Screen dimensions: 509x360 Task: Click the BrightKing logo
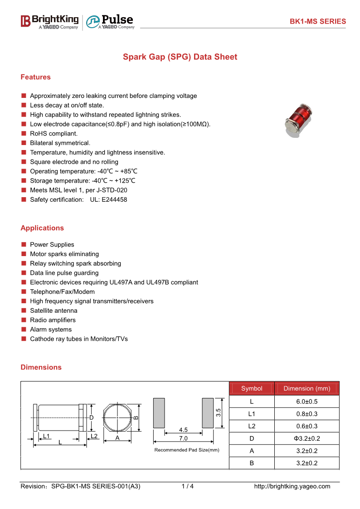49,21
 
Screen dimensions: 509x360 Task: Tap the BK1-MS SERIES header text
318,21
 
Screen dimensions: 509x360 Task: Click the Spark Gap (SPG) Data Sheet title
180,57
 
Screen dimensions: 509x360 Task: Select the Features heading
35,77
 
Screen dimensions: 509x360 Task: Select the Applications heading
42,228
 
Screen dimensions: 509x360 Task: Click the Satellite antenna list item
54,310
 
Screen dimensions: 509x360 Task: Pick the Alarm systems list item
51,330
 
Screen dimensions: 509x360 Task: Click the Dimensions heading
41,367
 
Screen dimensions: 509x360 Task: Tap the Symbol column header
252,388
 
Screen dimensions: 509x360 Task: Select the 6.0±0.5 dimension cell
306,402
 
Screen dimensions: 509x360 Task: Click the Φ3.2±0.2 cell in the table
306,438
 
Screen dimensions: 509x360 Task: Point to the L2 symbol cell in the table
252,426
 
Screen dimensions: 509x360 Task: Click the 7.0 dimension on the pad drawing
183,439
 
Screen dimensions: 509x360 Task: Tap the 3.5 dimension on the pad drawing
218,413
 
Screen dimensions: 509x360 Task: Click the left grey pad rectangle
159,413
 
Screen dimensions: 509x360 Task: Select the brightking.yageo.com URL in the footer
292,486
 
